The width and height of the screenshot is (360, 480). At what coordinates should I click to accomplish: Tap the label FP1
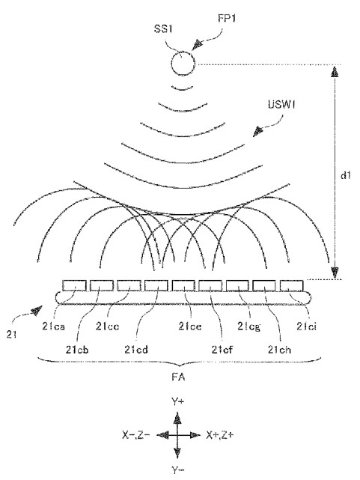tap(227, 19)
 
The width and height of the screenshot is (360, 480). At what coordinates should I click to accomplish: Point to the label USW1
tap(281, 104)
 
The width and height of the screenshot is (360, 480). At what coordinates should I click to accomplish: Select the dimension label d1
tap(345, 175)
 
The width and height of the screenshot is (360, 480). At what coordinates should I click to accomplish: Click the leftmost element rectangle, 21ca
tap(74, 285)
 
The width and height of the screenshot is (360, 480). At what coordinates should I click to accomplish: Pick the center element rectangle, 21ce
tap(183, 285)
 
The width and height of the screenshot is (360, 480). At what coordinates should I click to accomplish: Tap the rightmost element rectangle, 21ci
tap(292, 285)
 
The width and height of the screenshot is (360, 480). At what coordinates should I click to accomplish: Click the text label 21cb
tap(77, 349)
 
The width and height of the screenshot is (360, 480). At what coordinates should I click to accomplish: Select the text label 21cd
tap(136, 349)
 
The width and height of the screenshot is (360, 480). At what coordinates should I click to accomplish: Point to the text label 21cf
tap(222, 349)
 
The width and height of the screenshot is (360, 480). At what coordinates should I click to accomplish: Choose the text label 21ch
tap(279, 349)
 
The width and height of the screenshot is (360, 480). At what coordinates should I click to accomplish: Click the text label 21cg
tap(249, 326)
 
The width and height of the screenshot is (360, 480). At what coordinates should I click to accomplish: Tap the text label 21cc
tap(107, 326)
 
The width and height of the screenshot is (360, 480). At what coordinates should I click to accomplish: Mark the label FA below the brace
tap(178, 377)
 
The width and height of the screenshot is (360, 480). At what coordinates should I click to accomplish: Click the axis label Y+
tap(177, 401)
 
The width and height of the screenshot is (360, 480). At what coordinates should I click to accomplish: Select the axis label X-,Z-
tap(135, 435)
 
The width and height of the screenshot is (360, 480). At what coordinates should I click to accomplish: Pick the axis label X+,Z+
tap(220, 435)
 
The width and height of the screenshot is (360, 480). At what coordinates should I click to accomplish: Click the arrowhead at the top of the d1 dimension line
tap(335, 72)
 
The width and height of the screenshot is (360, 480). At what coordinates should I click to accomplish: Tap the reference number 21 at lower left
tap(11, 334)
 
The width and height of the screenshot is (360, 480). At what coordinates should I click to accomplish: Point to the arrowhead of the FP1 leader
tap(198, 45)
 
